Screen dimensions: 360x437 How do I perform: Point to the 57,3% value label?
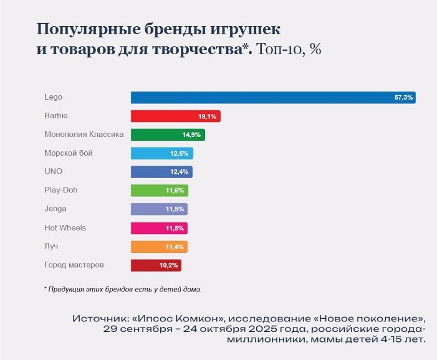(403, 98)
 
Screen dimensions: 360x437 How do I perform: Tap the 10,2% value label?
(169, 265)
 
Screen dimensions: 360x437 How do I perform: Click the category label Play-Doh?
(61, 190)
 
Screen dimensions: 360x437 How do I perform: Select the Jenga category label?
(55, 209)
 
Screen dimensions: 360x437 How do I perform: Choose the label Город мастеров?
(74, 265)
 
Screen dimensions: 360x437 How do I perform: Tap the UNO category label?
(54, 171)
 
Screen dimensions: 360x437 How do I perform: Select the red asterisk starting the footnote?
(46, 288)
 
